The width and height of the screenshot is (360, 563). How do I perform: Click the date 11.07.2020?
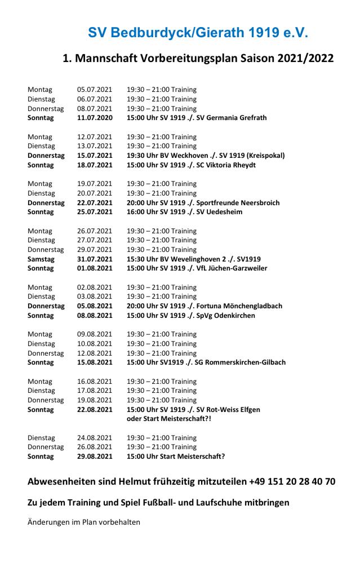(x=95, y=118)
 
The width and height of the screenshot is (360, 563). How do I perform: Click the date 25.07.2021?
(x=95, y=212)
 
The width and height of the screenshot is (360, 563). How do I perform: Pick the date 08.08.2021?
(x=95, y=316)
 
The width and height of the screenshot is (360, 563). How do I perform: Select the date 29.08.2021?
(x=95, y=456)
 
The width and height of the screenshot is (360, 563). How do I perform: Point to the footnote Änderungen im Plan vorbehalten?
(x=84, y=522)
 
